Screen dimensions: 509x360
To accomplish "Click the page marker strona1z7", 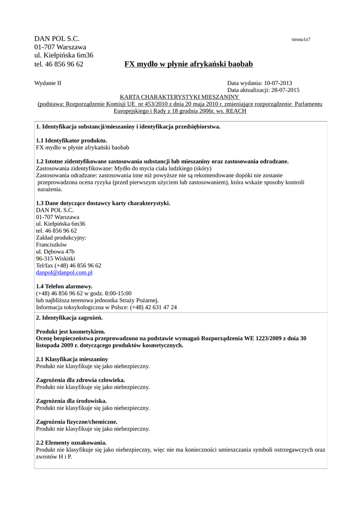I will click(301, 39).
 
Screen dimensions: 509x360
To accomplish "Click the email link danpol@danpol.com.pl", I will click(64, 273).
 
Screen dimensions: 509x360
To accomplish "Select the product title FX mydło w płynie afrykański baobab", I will click(188, 64).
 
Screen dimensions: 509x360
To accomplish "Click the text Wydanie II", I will click(48, 83).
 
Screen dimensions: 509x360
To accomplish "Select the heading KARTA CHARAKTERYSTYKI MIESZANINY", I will click(180, 97).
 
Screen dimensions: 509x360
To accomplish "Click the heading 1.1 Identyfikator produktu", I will click(72, 141).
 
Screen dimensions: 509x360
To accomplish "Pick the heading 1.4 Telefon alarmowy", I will click(64, 287).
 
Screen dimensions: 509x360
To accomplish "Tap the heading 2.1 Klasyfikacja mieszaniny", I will click(72, 359).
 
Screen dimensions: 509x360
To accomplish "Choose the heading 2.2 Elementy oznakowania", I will click(71, 442).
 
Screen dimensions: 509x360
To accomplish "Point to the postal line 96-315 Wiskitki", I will click(56, 259).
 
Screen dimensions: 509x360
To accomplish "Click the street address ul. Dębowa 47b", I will click(55, 252).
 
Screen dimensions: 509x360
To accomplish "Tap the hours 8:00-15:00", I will click(118, 294).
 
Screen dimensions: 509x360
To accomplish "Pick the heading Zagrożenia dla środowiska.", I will click(72, 401).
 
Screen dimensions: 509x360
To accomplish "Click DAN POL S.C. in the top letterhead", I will click(57, 39).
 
